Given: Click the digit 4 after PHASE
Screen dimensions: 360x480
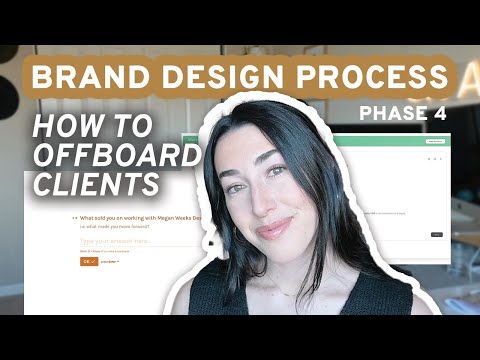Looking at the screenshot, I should pyautogui.click(x=440, y=114).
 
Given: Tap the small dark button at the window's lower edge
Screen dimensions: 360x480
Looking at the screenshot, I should pyautogui.click(x=436, y=234).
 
